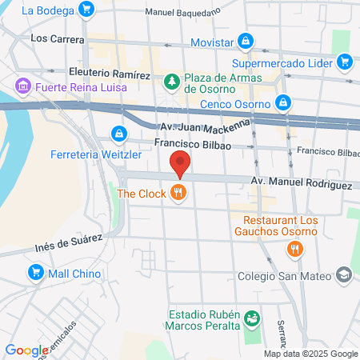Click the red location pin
181,162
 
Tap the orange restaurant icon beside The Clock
178,193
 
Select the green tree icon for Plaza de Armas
171,82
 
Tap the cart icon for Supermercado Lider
344,61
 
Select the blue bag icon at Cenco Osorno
282,102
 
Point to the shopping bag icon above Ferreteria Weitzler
118,133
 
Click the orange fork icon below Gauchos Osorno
294,249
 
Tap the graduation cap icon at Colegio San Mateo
344,276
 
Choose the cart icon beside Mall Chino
35,274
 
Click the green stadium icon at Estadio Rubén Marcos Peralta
252,318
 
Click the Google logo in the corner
26,350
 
